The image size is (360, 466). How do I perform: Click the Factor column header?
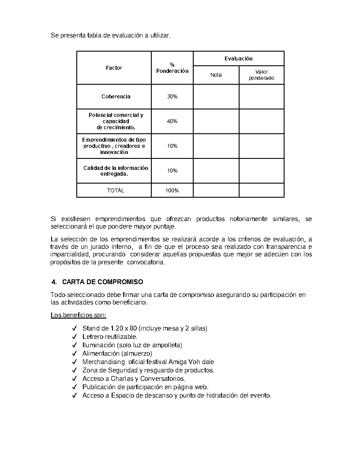(x=114, y=68)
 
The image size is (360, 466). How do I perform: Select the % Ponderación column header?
(x=172, y=68)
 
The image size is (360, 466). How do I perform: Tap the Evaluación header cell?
(x=238, y=59)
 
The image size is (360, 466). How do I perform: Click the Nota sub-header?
(x=216, y=75)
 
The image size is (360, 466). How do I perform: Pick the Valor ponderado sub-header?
(x=261, y=75)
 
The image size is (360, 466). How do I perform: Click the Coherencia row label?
(x=116, y=97)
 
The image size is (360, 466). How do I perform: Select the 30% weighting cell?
(x=172, y=97)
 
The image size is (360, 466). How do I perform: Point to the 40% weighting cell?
(x=172, y=121)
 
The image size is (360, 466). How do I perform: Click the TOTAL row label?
(x=116, y=191)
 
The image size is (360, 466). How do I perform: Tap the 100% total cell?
(x=172, y=191)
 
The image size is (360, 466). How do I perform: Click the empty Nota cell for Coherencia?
(x=216, y=97)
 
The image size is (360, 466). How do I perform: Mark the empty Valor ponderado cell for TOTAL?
(x=261, y=191)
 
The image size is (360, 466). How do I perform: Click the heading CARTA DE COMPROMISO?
(x=103, y=282)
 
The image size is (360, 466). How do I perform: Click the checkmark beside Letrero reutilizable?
(x=74, y=337)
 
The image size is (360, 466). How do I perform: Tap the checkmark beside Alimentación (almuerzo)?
(x=74, y=353)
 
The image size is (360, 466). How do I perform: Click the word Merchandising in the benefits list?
(x=104, y=362)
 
